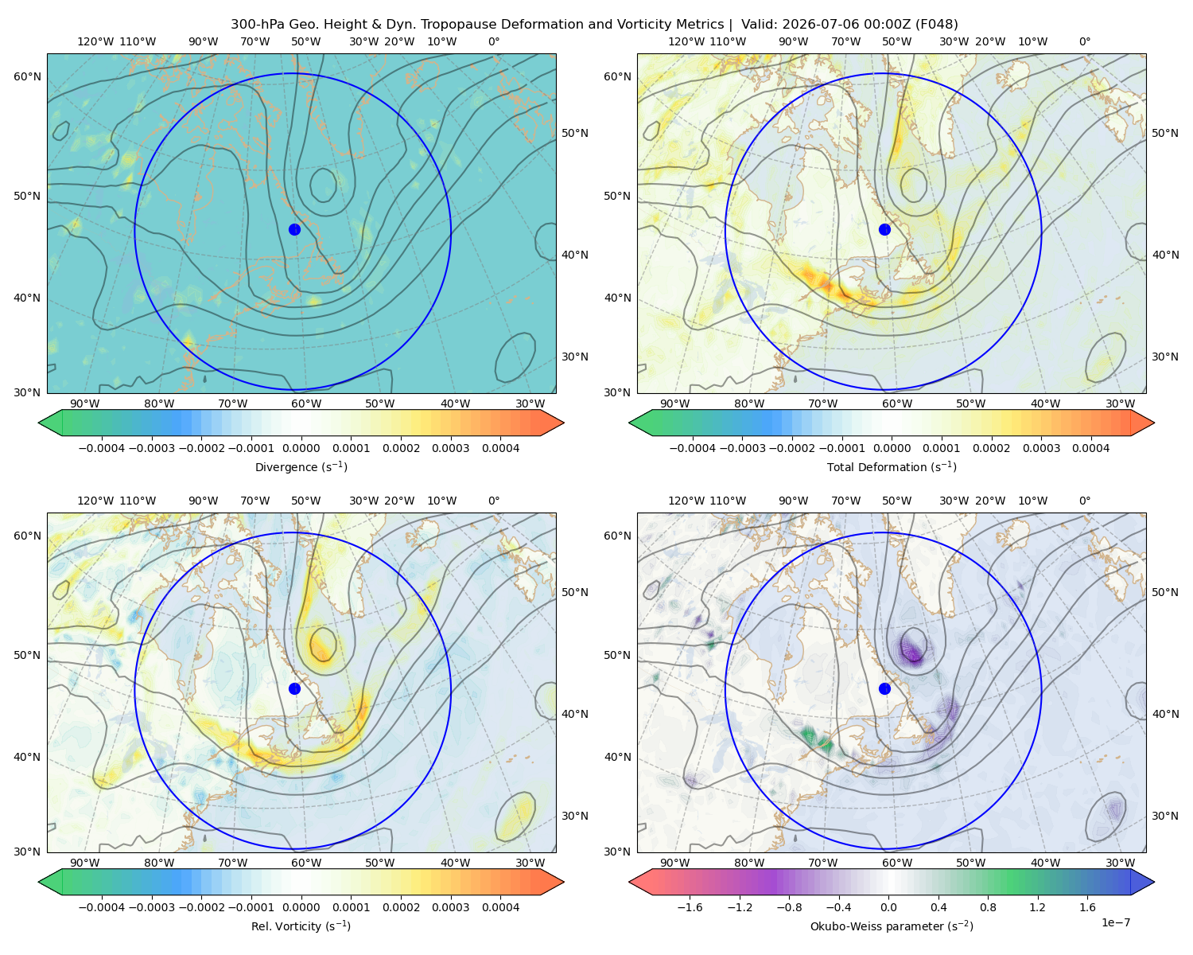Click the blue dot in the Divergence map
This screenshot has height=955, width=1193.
point(294,229)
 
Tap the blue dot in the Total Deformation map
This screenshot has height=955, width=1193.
point(884,229)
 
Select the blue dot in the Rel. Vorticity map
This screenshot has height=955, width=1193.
point(294,688)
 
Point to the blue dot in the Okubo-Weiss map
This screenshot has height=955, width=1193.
point(884,688)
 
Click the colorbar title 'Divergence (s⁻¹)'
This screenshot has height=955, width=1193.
point(301,466)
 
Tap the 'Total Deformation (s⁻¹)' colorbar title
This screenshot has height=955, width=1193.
point(892,466)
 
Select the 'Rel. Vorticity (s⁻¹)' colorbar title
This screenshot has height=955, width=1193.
point(301,926)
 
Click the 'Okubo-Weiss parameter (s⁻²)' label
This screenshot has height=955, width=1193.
point(892,926)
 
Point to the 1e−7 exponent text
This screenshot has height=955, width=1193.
point(1115,922)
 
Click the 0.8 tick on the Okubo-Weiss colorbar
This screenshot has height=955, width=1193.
point(988,907)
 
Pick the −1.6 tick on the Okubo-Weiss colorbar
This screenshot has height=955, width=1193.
point(690,907)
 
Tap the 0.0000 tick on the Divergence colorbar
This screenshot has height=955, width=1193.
point(301,448)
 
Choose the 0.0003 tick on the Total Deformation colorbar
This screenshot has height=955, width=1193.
point(1041,448)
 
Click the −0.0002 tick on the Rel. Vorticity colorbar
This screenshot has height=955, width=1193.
point(201,907)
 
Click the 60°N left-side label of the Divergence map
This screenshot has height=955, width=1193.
point(27,76)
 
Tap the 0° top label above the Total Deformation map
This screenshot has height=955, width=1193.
point(1084,41)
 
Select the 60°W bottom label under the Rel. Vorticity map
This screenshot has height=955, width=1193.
point(306,863)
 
